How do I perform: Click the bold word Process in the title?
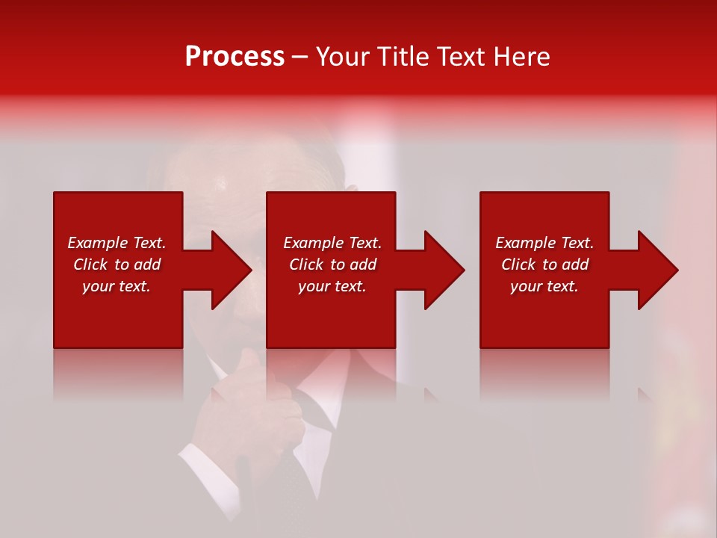235,57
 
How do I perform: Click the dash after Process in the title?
299,58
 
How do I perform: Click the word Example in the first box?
98,243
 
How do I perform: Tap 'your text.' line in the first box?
117,286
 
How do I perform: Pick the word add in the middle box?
363,265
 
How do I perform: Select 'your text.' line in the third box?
544,286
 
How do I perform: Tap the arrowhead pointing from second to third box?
444,270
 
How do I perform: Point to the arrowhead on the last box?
657,270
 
